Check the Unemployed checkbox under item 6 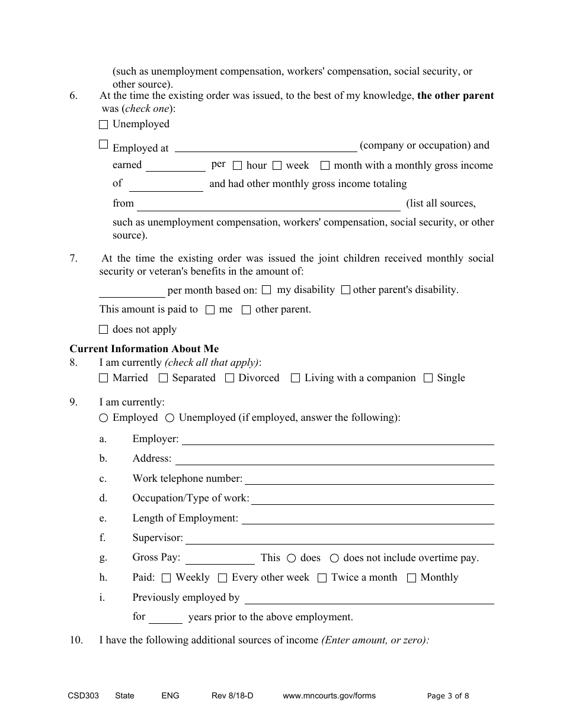(104, 124)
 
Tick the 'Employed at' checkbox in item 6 (104, 144)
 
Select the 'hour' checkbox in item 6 (238, 166)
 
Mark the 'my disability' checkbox (267, 290)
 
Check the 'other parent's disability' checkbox (346, 290)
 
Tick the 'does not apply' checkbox (104, 330)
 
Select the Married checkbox (104, 378)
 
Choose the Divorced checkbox (230, 378)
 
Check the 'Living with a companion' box (296, 378)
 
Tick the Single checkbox (428, 378)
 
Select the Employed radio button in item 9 (104, 418)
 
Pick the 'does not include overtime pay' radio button (334, 558)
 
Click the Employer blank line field (337, 439)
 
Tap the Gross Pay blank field (220, 558)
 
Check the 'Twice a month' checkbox (322, 578)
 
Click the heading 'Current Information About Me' (144, 349)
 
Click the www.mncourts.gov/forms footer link (329, 696)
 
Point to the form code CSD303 (83, 696)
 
